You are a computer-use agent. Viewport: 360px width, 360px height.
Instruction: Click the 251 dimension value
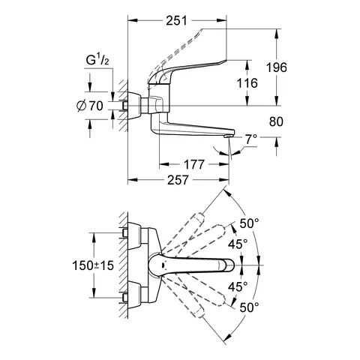(x=176, y=21)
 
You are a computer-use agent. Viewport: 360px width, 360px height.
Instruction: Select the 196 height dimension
(x=276, y=67)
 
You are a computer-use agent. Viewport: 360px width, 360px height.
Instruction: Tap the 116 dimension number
(x=247, y=83)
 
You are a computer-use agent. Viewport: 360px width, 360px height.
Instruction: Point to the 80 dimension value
(x=276, y=121)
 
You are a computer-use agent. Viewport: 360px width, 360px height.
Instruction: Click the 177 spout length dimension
(x=194, y=164)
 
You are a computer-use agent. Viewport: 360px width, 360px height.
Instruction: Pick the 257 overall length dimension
(x=178, y=180)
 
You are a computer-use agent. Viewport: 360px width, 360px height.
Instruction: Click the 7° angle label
(x=250, y=139)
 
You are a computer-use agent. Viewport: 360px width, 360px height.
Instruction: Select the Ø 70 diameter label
(x=89, y=106)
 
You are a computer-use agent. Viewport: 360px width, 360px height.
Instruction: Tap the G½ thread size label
(x=97, y=61)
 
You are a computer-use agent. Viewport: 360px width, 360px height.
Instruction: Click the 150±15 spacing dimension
(x=93, y=265)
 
